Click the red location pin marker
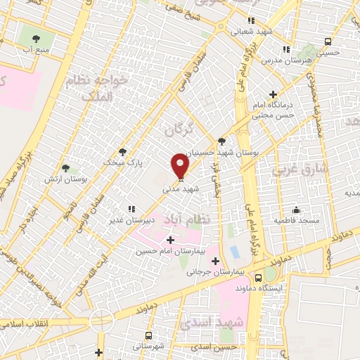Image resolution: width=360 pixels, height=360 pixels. pos(181,165)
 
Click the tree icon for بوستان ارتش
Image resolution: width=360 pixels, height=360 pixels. pos(65,168)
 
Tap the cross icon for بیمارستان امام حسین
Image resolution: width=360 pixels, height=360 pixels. pos(169,240)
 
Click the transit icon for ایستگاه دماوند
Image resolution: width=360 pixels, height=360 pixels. pos(268,275)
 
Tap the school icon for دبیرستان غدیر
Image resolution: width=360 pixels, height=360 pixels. pos(130,208)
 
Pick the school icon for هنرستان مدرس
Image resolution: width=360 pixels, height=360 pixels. pos(285,49)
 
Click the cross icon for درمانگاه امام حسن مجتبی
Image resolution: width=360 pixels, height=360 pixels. pos(273,94)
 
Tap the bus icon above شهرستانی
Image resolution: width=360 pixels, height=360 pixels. pos(148,335)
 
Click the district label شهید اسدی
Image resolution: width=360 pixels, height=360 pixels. pos(210,322)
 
